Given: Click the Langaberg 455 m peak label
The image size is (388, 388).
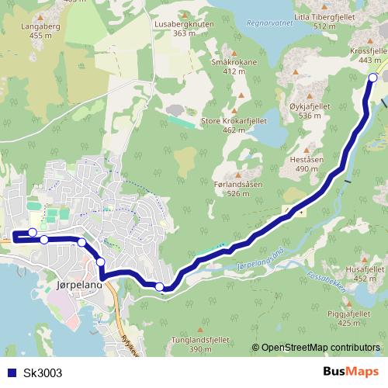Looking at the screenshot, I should [x=25, y=30].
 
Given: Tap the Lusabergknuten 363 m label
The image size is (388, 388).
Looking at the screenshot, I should [x=184, y=29].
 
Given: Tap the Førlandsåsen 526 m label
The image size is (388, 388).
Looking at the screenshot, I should [x=238, y=189].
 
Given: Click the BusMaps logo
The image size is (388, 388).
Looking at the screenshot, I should [x=352, y=372].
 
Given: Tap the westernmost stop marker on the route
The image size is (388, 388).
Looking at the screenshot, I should [x=33, y=232].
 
